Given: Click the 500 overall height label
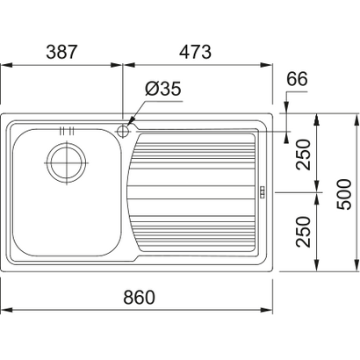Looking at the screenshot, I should point(345,191).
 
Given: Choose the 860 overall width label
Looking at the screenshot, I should point(138,297).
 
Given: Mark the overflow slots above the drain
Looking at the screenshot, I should point(63,133).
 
